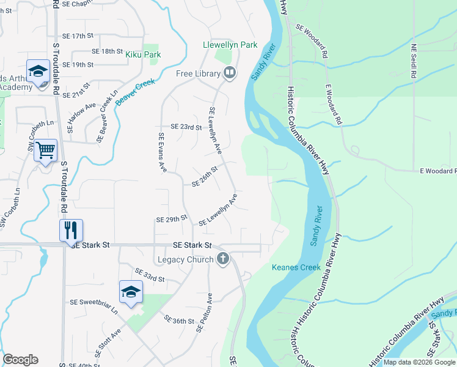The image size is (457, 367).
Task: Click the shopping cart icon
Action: pyautogui.click(x=46, y=150)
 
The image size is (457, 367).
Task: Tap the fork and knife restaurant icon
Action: pyautogui.click(x=70, y=230)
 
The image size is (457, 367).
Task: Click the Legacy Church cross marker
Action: pyautogui.click(x=222, y=259)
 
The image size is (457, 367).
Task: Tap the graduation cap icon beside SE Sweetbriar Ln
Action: pyautogui.click(x=131, y=292)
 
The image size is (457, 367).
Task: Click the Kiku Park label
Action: pyautogui.click(x=143, y=54)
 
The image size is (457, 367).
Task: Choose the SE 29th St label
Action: pyautogui.click(x=170, y=219)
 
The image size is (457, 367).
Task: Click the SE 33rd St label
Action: pyautogui.click(x=150, y=275)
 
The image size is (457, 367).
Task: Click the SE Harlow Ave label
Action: pyautogui.click(x=74, y=117)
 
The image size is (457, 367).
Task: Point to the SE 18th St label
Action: pyautogui.click(x=107, y=51)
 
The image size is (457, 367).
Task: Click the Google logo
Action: pyautogui.click(x=21, y=360)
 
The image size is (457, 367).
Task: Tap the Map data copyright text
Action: pyautogui.click(x=419, y=362)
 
